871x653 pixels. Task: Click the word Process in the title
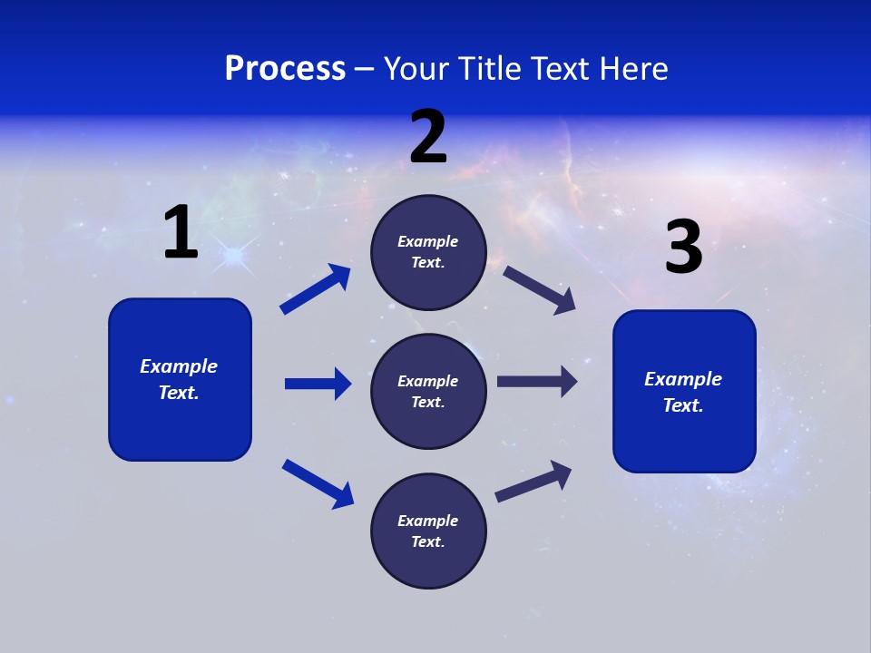point(285,69)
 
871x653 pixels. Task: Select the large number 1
point(181,233)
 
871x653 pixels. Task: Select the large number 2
point(428,137)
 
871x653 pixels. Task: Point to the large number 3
point(683,248)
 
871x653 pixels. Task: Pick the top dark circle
point(428,252)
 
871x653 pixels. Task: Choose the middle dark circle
point(428,391)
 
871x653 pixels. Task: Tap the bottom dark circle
point(428,531)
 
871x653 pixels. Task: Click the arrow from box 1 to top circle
point(316,289)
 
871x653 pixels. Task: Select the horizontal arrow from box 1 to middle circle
point(318,384)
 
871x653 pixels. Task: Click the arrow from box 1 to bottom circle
point(318,482)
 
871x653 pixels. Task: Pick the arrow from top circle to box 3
point(540,289)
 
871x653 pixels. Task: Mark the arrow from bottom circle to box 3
point(533,481)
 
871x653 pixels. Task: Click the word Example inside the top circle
point(427,241)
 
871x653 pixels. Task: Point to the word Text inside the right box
point(682,405)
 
